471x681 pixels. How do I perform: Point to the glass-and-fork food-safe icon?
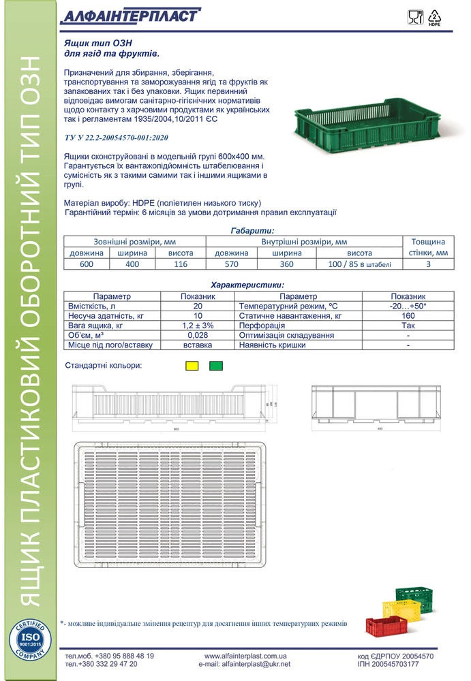tap(413, 18)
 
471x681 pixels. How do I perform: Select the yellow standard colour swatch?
tap(192, 366)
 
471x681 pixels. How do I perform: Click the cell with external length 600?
tap(87, 264)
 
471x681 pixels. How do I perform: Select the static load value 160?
tap(408, 317)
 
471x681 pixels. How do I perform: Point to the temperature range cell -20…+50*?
tap(408, 307)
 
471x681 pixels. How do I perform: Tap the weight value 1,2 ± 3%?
tap(198, 326)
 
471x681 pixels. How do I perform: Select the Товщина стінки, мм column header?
tap(428, 247)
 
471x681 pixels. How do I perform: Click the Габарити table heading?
tap(252, 231)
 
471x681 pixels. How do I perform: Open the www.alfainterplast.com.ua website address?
tap(244, 656)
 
